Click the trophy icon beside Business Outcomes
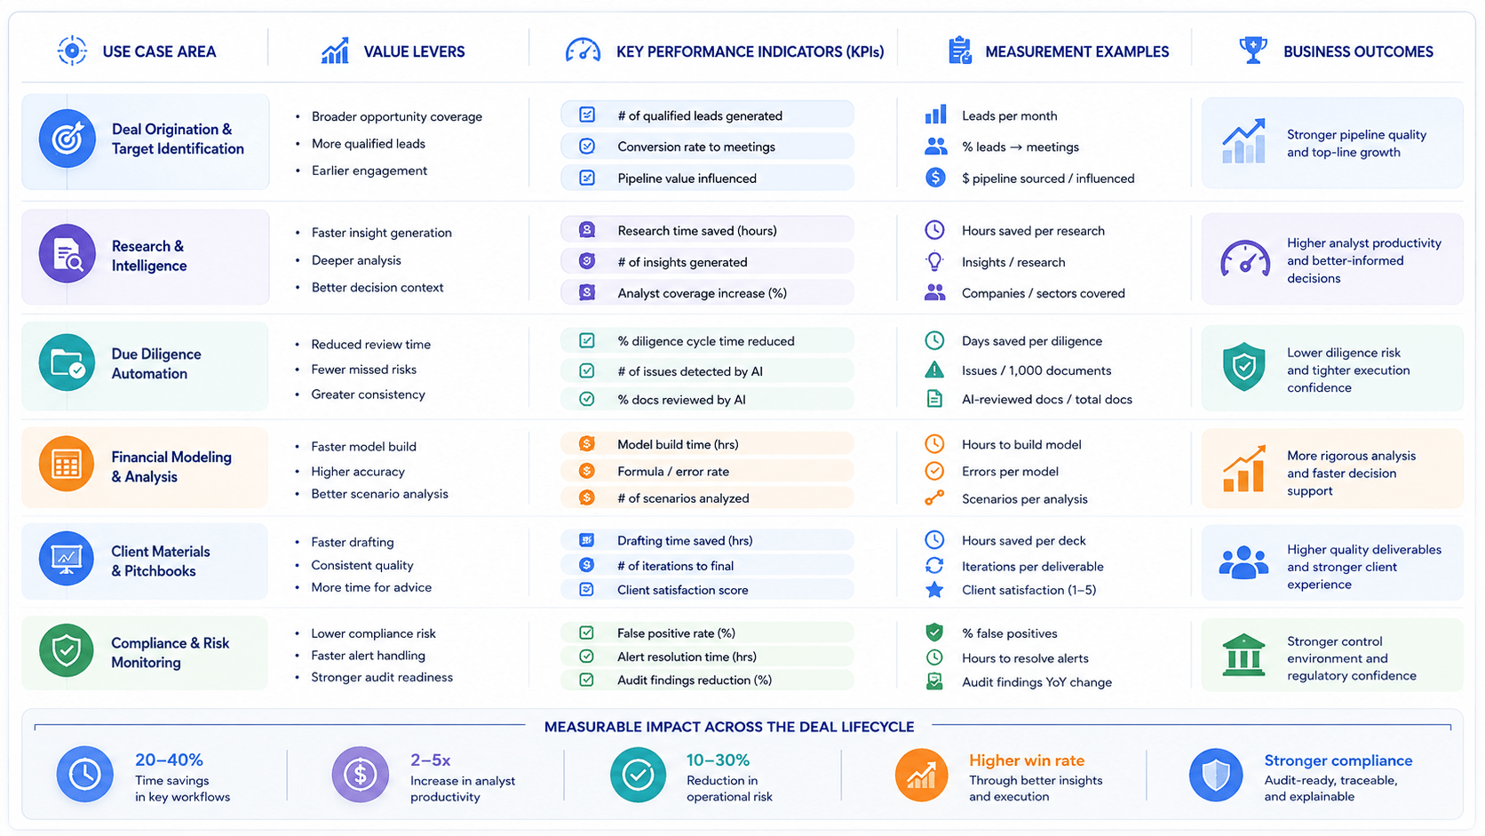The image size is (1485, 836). (x=1252, y=51)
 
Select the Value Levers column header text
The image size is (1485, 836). (x=415, y=52)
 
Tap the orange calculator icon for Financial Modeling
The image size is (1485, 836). (x=67, y=464)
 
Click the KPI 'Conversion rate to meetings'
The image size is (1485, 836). (x=696, y=147)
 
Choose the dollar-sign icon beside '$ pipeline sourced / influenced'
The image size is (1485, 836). (x=934, y=177)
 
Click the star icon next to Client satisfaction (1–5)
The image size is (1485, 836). (x=934, y=589)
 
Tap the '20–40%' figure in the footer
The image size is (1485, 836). (x=169, y=760)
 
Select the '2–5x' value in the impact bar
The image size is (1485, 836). (x=430, y=760)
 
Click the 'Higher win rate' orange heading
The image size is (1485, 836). (x=1027, y=760)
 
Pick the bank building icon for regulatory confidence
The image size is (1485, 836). (x=1243, y=655)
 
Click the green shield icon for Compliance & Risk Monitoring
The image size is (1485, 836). (x=67, y=650)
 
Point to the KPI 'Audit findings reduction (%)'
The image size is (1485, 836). (x=695, y=681)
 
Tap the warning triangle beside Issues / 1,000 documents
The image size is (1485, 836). (x=934, y=370)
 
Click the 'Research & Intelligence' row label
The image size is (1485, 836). (x=149, y=256)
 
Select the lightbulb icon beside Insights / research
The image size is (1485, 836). (x=934, y=261)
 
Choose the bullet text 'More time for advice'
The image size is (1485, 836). (x=371, y=587)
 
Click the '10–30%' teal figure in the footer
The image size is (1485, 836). (x=718, y=760)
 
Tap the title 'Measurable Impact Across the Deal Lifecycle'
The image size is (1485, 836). (x=729, y=727)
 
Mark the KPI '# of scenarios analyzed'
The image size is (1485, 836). (x=683, y=498)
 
